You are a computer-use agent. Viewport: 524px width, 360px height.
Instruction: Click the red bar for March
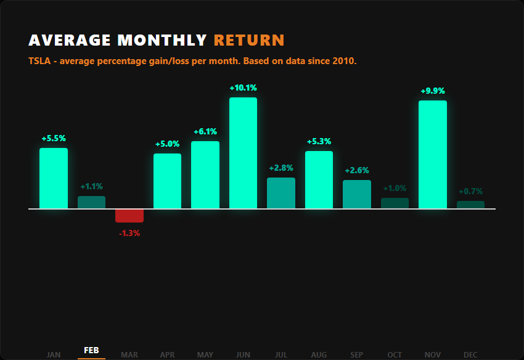click(x=129, y=215)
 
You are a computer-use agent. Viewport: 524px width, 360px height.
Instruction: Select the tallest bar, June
click(x=243, y=153)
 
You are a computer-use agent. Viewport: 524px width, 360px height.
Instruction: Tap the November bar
click(x=432, y=155)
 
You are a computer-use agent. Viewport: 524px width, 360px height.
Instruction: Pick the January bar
click(x=54, y=178)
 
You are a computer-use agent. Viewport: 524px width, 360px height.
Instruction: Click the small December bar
click(x=470, y=205)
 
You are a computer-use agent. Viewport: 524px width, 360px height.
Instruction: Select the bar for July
click(x=281, y=193)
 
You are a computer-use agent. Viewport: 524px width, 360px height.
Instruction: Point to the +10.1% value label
click(x=243, y=88)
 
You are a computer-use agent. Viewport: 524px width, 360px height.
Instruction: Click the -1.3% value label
click(x=129, y=234)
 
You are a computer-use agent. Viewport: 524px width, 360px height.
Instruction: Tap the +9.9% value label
click(x=432, y=91)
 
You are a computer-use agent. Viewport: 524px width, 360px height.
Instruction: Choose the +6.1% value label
click(x=205, y=132)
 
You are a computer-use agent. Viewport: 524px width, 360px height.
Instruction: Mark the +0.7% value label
click(x=470, y=191)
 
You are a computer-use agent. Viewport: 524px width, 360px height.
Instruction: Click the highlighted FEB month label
click(x=91, y=350)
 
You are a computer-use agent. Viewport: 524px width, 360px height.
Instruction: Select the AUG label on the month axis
click(x=319, y=354)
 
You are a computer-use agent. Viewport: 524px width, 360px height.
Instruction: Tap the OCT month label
click(x=395, y=354)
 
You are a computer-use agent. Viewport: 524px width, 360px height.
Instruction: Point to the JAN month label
click(x=54, y=354)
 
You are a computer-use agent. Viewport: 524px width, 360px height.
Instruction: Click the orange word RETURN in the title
click(x=249, y=41)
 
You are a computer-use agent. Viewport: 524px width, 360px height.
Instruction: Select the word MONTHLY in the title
click(x=162, y=41)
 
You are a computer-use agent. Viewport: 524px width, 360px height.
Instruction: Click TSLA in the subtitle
click(x=39, y=62)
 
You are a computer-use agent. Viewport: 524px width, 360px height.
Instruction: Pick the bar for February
click(x=91, y=202)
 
